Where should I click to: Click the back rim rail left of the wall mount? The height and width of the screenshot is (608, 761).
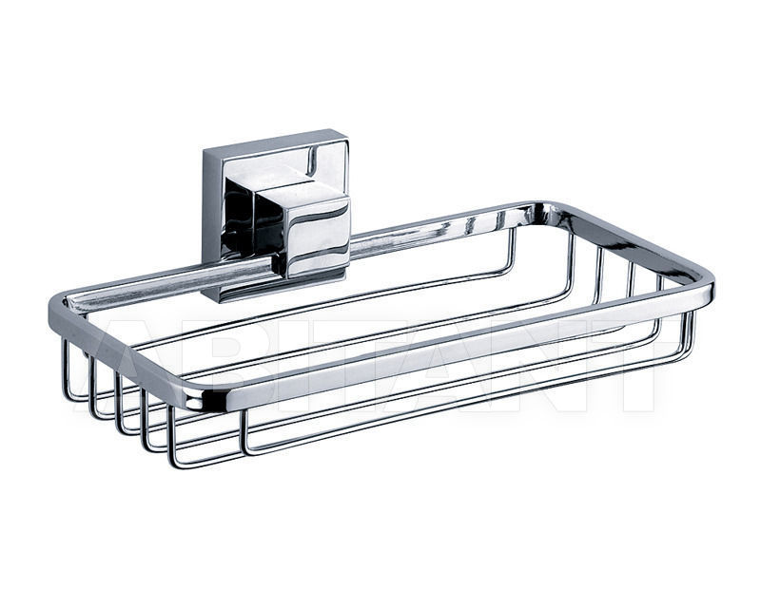pyautogui.click(x=143, y=279)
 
